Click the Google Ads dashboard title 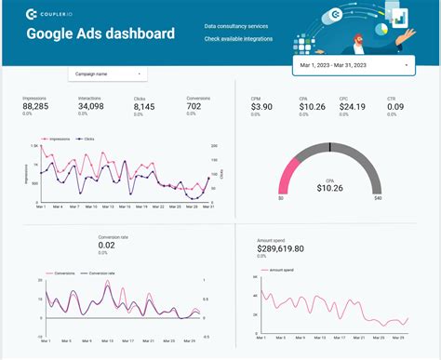click(x=100, y=34)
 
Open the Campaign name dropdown click(x=107, y=73)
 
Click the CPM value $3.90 click(x=263, y=108)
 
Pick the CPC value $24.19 click(x=353, y=108)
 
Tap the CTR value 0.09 click(x=395, y=108)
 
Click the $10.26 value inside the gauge click(x=329, y=188)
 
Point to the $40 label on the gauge click(x=378, y=198)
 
